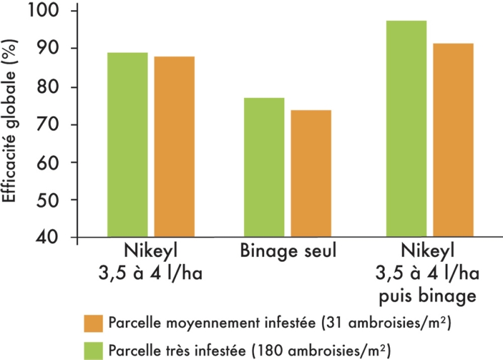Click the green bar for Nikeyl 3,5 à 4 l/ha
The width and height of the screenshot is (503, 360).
[x=127, y=145]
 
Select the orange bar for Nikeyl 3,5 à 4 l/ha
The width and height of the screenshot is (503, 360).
[x=174, y=147]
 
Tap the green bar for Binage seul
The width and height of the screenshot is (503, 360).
[x=263, y=168]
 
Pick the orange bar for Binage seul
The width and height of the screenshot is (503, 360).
[x=311, y=174]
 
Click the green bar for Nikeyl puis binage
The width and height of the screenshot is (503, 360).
[x=406, y=129]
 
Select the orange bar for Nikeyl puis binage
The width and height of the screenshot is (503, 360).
[x=453, y=140]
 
